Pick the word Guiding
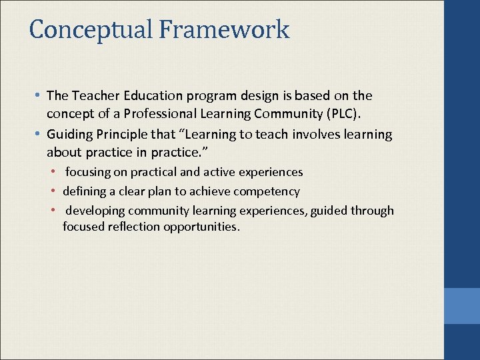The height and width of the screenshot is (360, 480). coord(70,135)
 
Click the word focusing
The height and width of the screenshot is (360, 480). coord(88,172)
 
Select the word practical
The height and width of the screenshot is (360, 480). coord(155,172)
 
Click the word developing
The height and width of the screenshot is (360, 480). coord(95,211)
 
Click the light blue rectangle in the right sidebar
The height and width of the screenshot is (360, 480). coord(462,305)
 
